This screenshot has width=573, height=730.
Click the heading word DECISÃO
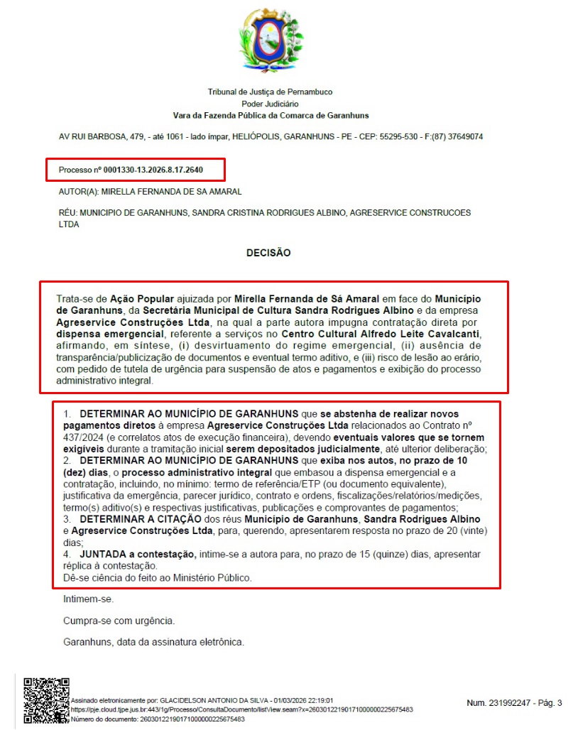[268, 252]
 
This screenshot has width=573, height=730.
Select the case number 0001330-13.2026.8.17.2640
[153, 170]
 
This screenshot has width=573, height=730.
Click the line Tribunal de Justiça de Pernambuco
[270, 92]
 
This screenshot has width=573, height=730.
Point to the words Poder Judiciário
[270, 104]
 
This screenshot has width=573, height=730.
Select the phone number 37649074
[464, 136]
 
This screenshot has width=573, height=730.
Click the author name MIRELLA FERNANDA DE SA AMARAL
[172, 192]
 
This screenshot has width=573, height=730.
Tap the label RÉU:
[68, 212]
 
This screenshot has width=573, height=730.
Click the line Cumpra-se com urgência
[119, 621]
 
